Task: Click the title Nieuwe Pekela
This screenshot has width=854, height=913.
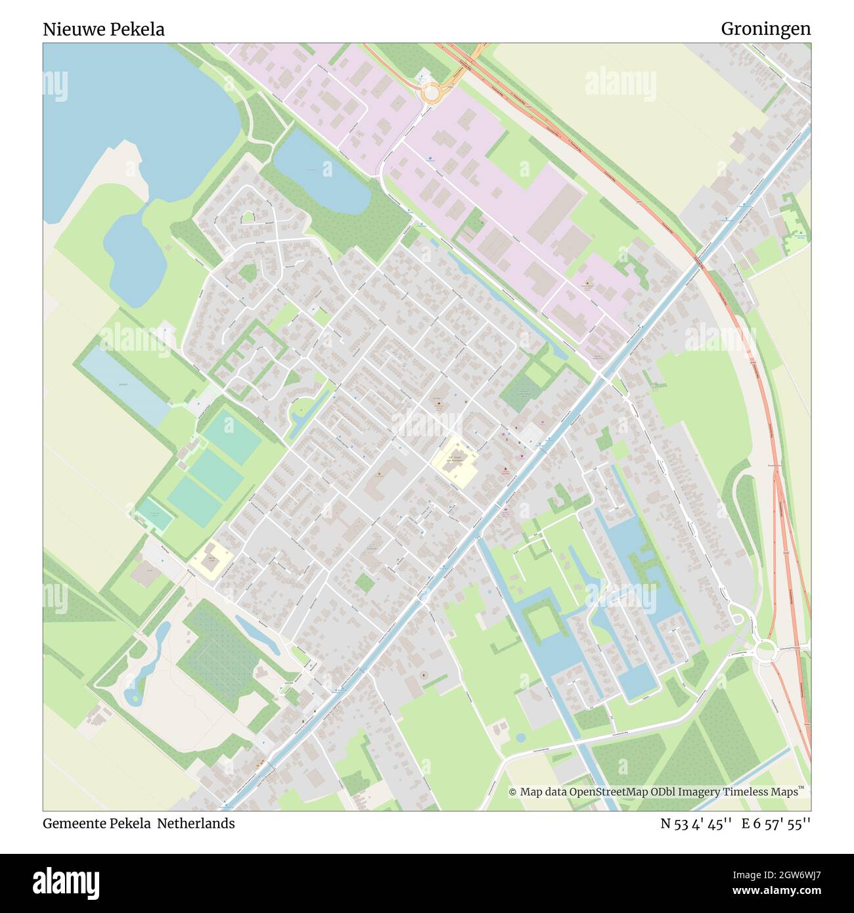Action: coord(104,30)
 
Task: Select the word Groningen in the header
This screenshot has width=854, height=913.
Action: coord(765,29)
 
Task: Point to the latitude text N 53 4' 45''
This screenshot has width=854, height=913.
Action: coord(696,823)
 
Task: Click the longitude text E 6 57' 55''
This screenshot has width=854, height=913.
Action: coord(776,823)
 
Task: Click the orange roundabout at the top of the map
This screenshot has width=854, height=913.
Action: coord(430,94)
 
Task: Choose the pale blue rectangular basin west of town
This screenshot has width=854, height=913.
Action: coord(125,384)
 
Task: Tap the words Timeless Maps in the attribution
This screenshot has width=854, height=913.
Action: coord(769,792)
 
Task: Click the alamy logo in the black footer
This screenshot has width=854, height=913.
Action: coord(66,881)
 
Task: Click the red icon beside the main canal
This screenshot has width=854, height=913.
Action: coord(505,470)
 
